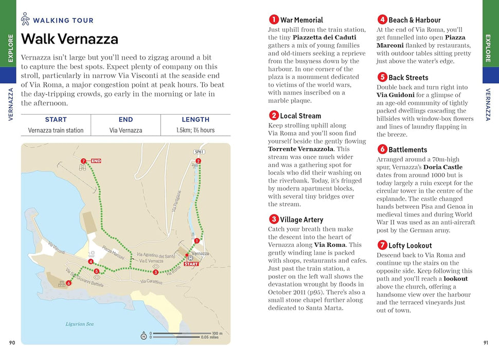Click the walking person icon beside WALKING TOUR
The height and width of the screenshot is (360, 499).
click(x=25, y=20)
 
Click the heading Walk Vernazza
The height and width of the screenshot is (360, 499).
click(x=69, y=39)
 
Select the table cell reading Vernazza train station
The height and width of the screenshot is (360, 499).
click(x=56, y=130)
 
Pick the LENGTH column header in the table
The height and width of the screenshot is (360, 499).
click(x=195, y=119)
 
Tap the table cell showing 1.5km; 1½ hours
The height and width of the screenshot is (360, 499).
click(x=195, y=130)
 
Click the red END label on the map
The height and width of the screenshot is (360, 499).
click(x=96, y=161)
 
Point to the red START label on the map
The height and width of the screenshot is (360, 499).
click(x=191, y=264)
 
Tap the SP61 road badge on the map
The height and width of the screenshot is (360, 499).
click(x=199, y=152)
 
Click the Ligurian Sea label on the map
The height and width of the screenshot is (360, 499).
click(x=80, y=324)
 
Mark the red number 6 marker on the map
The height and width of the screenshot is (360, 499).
click(x=68, y=282)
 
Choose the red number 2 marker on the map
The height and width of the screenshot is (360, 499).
click(x=198, y=161)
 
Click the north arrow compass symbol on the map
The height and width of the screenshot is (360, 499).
click(x=144, y=336)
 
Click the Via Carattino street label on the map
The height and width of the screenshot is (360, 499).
click(x=151, y=281)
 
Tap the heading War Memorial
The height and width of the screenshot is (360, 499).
click(x=301, y=20)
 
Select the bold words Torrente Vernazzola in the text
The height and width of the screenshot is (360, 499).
click(x=301, y=149)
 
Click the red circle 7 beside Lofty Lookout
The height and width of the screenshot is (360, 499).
click(x=382, y=245)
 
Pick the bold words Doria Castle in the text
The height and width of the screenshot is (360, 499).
click(x=442, y=167)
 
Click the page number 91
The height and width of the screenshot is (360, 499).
click(x=486, y=343)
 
